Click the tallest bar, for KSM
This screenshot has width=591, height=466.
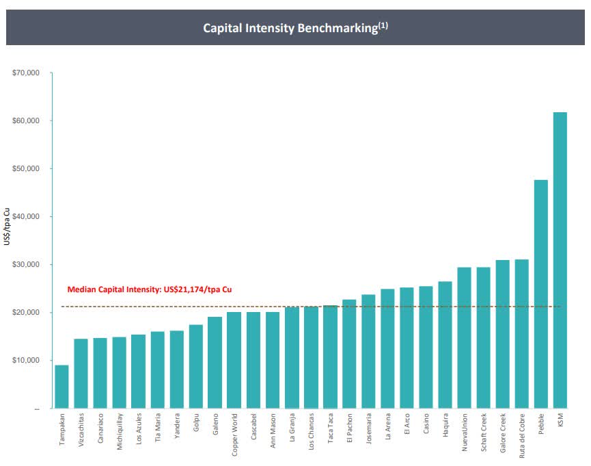[560, 260]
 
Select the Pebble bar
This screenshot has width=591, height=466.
[541, 294]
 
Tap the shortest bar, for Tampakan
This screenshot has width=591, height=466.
[61, 387]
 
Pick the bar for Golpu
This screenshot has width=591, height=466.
[196, 367]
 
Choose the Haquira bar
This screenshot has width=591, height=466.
[445, 345]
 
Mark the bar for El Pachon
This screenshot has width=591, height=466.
[349, 354]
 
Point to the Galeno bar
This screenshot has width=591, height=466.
[215, 363]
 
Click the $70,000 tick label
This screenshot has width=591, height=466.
[26, 73]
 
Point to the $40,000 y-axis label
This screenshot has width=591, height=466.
[26, 216]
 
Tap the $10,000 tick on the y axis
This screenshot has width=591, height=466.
[26, 360]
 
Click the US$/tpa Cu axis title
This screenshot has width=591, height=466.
[6, 226]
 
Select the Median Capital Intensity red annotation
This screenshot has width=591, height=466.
[150, 289]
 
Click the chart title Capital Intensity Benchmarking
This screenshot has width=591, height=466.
[290, 28]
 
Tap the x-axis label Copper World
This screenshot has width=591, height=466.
[234, 435]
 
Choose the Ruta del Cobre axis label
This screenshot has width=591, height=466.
[522, 436]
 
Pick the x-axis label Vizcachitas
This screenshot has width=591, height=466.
[81, 430]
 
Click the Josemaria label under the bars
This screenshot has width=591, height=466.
[369, 428]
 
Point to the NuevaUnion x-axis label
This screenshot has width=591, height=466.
[465, 432]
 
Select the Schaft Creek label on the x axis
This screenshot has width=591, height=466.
[484, 432]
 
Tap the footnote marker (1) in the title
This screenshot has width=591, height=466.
[383, 26]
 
